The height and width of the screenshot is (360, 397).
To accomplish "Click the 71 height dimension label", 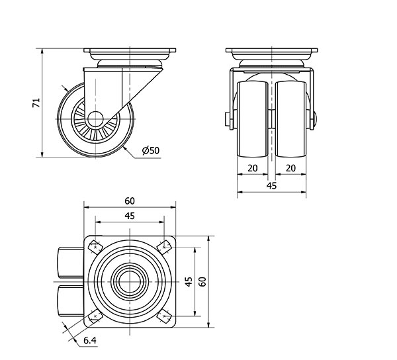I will click(37, 103).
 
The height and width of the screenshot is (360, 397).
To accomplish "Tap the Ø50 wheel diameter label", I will click(151, 151).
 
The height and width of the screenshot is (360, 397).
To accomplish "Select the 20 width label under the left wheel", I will click(252, 168).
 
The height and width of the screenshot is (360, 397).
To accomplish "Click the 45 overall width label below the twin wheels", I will click(272, 186).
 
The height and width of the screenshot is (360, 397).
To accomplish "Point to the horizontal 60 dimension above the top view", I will click(130, 201).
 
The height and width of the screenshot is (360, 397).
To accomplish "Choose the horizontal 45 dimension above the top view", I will click(130, 216).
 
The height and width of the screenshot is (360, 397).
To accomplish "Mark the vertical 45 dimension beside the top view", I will click(189, 282).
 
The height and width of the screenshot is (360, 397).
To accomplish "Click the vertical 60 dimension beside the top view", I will click(203, 282).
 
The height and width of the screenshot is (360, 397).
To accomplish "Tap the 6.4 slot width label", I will click(89, 341).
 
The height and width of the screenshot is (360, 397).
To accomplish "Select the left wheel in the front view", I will click(252, 119).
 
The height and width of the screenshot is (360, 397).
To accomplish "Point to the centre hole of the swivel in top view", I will click(130, 282).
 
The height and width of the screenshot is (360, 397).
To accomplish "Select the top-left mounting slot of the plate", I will click(95, 247).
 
